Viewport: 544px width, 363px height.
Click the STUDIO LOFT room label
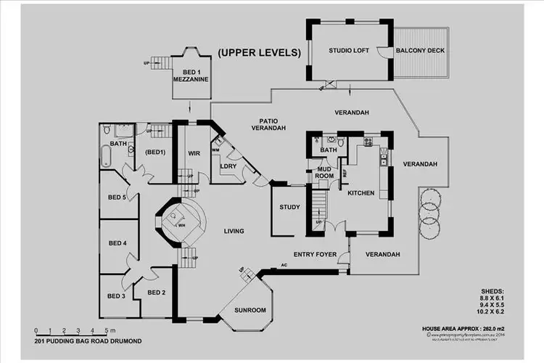(x=349, y=50)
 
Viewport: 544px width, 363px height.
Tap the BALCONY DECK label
(x=420, y=51)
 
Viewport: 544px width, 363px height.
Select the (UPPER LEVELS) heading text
(x=259, y=53)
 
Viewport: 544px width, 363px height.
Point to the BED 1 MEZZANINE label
(x=191, y=76)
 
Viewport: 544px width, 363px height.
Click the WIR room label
(x=194, y=153)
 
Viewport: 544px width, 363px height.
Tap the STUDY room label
(x=289, y=208)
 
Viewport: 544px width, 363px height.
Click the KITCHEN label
(x=360, y=193)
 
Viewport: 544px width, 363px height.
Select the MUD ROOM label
(x=324, y=173)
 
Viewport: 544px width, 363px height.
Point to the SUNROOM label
(x=250, y=310)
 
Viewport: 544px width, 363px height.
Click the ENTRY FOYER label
(x=315, y=254)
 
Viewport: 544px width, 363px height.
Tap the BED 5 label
(x=117, y=197)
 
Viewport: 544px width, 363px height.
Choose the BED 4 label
(x=117, y=243)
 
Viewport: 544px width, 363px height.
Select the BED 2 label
(x=157, y=292)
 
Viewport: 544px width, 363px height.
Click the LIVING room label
(x=234, y=231)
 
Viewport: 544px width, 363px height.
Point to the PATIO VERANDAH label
(x=268, y=124)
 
